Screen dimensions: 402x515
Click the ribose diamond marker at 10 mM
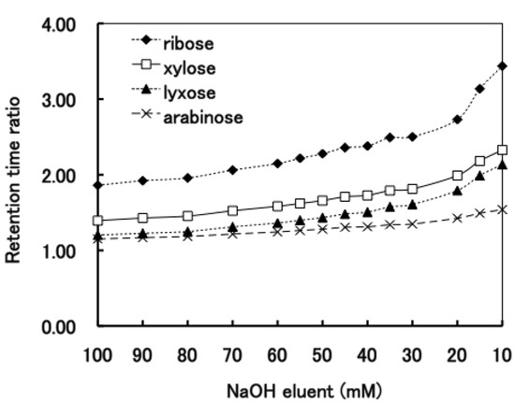[502, 65]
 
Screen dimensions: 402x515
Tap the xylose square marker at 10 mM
[502, 150]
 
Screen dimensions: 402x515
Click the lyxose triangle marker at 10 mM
[502, 165]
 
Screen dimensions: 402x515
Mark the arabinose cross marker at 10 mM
[502, 209]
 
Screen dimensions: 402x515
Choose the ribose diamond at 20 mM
[457, 120]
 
